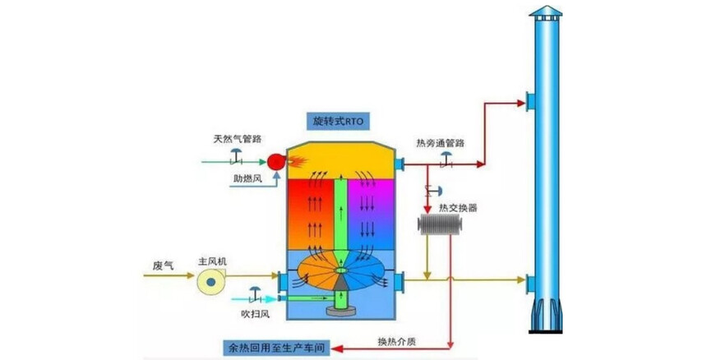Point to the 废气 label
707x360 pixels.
click(164, 265)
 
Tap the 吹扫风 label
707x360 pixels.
click(246, 313)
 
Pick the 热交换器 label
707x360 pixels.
click(458, 207)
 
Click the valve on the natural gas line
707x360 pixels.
click(236, 155)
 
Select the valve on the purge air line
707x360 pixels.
click(254, 292)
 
